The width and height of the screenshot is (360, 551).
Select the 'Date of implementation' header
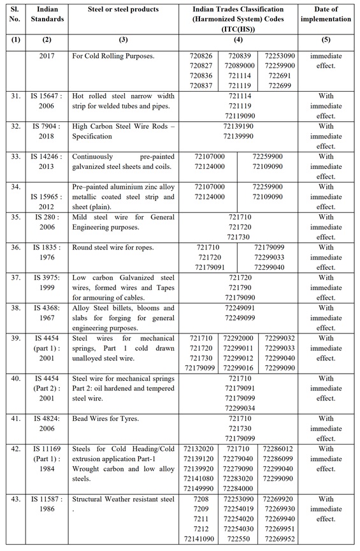click(335, 14)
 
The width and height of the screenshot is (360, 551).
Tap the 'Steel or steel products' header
click(123, 10)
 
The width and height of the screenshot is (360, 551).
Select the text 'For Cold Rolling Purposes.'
click(113, 56)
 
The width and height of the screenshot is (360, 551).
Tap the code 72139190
click(246, 126)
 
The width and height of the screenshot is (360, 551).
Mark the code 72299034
click(246, 409)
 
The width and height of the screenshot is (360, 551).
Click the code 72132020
click(199, 450)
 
